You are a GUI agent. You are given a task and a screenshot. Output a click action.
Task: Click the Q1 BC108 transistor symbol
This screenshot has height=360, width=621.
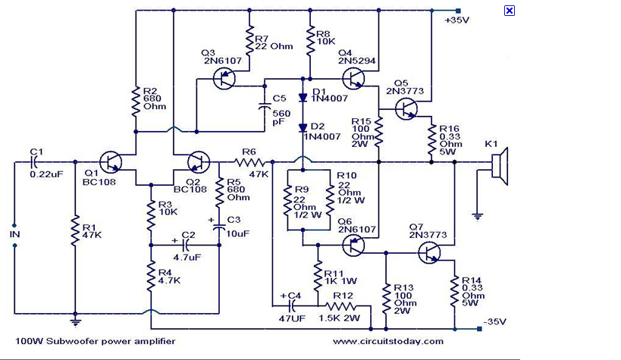(x=111, y=161)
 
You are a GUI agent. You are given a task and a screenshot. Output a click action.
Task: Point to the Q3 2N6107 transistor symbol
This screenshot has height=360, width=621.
(x=224, y=77)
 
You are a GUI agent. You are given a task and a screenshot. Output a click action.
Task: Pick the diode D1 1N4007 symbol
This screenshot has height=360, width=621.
(x=303, y=96)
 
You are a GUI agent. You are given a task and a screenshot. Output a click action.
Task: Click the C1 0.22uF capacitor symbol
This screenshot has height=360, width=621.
(x=36, y=161)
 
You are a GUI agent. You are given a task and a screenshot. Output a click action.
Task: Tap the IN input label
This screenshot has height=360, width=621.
(x=14, y=235)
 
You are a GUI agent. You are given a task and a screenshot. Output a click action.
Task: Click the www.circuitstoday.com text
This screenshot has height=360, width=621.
(x=387, y=342)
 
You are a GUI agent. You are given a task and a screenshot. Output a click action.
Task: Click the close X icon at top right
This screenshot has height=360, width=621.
(x=510, y=11)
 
